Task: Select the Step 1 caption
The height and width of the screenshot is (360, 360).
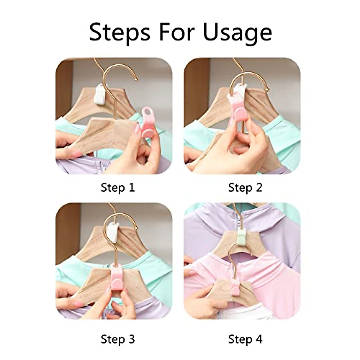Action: tap(118, 187)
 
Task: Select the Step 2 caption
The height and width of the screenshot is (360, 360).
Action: tap(245, 187)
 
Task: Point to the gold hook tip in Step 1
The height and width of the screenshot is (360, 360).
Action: tap(137, 80)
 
